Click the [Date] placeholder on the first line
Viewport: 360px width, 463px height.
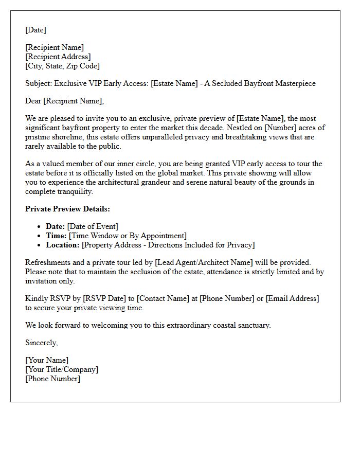[x=35, y=30]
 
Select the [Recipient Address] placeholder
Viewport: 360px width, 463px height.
[x=58, y=57]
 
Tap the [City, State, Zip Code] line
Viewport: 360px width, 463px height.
[x=62, y=66]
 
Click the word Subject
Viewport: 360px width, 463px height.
[x=38, y=83]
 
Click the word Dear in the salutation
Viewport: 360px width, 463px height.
[x=33, y=101]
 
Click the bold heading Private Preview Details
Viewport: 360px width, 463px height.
[x=67, y=209]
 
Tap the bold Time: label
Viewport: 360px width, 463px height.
[x=57, y=236]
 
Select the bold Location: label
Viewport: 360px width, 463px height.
[x=63, y=245]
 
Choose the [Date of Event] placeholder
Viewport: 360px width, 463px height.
[x=93, y=226]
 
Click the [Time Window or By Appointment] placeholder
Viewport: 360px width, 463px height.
[x=128, y=236]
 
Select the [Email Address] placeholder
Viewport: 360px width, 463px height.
[x=292, y=298]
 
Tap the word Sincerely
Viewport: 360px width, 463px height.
[x=42, y=343]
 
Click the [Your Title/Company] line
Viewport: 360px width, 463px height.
[x=62, y=369]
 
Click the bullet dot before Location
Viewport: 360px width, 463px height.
[x=40, y=245]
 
